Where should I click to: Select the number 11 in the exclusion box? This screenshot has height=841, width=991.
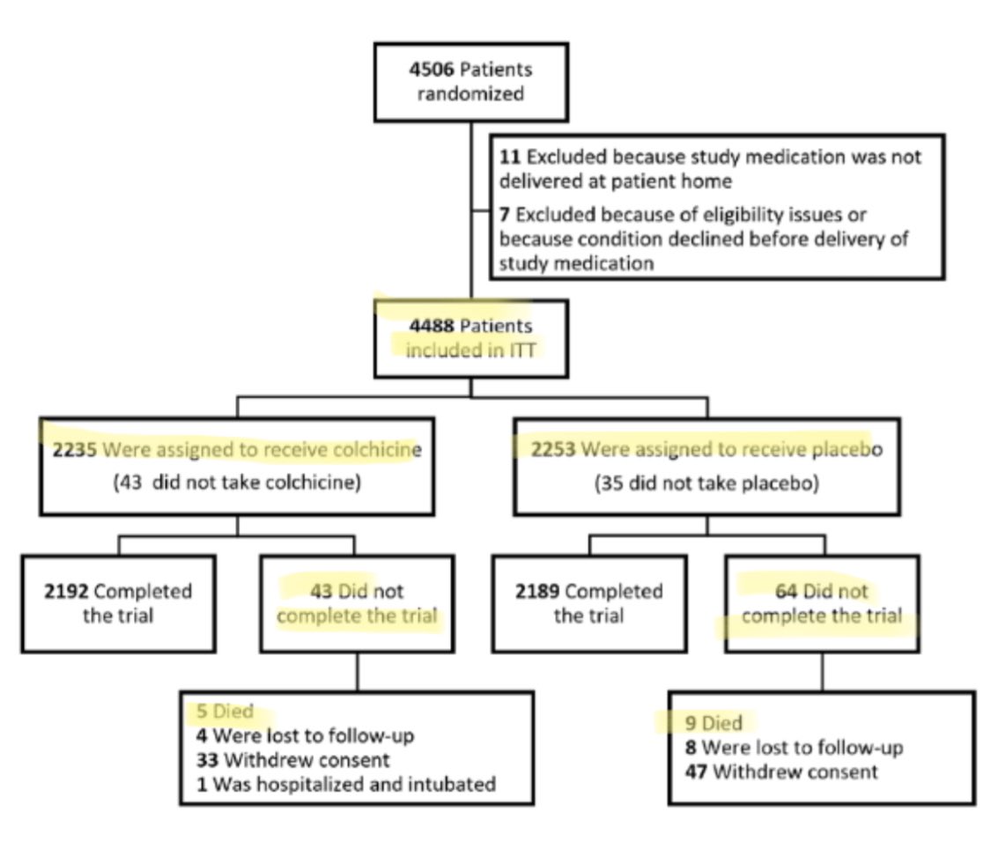tap(507, 157)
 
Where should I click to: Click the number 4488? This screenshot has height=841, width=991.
tap(431, 325)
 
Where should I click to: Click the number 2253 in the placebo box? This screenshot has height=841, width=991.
tap(552, 450)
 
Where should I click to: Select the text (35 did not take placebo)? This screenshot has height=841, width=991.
tap(706, 483)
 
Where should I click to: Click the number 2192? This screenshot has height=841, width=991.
tap(66, 590)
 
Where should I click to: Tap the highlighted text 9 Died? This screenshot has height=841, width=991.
tap(714, 723)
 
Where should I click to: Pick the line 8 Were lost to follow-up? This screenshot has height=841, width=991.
tap(794, 748)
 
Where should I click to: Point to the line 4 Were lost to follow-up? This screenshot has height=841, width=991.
tap(305, 734)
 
